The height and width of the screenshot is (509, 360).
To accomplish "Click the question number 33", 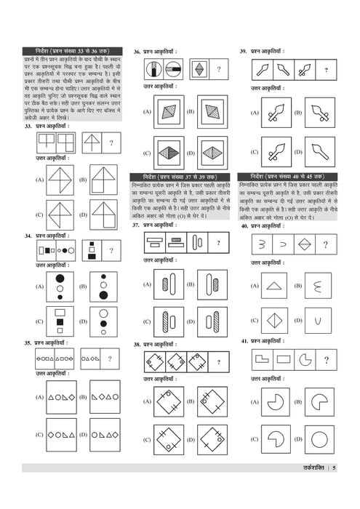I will click(27, 127).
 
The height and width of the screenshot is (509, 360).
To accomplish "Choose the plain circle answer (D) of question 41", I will click(320, 440).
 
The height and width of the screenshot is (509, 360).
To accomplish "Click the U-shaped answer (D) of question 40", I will click(321, 319).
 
